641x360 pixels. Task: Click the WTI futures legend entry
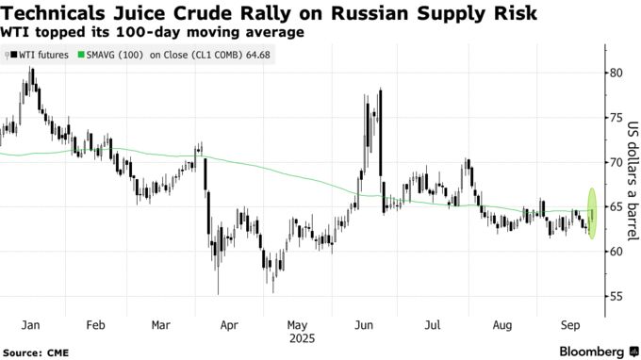click(39, 56)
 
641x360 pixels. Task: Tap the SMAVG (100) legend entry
click(112, 56)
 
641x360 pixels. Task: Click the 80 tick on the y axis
click(615, 73)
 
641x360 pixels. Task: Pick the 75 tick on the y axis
click(615, 118)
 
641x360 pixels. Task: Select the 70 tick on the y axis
click(615, 162)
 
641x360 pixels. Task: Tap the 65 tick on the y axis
click(615, 207)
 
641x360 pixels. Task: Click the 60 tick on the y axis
click(615, 252)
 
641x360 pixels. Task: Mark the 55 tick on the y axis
click(615, 297)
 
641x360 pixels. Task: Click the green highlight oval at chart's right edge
click(592, 213)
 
